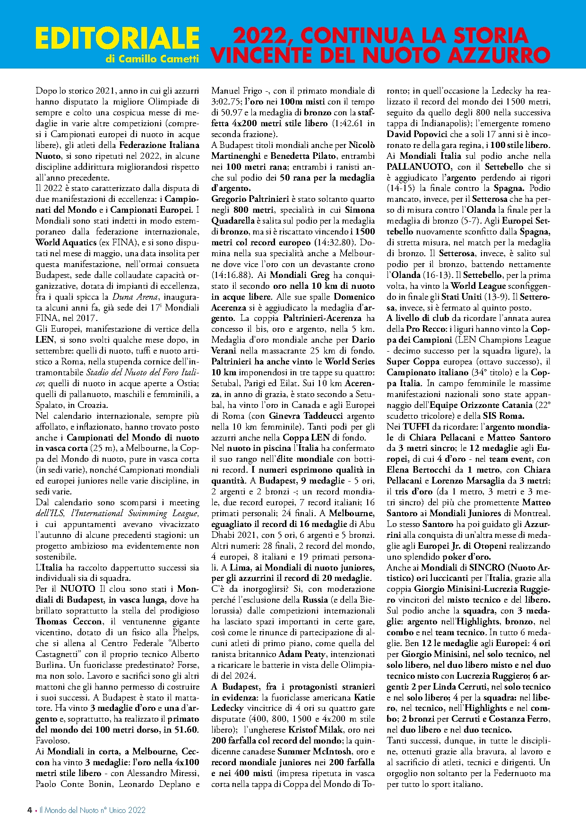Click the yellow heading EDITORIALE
(117, 38)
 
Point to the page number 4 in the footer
(30, 810)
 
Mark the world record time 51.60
(187, 730)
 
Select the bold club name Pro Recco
(425, 329)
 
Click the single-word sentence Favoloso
(52, 741)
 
